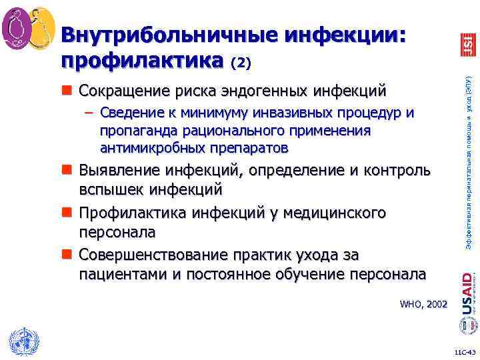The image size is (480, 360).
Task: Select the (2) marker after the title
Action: click(241, 63)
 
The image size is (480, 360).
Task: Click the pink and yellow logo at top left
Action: click(29, 29)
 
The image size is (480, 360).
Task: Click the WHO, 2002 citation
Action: click(423, 304)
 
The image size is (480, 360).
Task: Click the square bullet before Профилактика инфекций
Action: click(68, 214)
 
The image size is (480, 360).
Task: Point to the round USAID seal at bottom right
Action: click(467, 326)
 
